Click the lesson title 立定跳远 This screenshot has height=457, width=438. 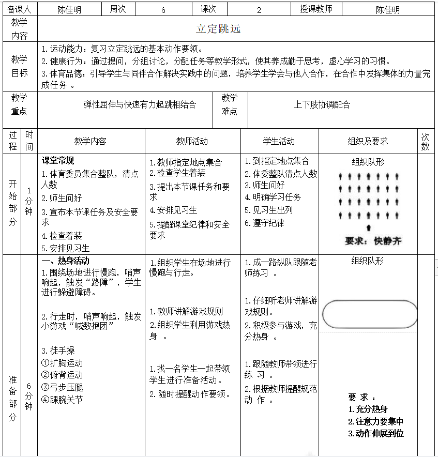[218, 29]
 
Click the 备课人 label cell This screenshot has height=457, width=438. [20, 9]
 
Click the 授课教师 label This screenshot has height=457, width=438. [315, 9]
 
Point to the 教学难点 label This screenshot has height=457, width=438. [230, 104]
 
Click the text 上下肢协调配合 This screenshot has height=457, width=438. [322, 104]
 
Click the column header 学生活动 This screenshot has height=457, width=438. [279, 141]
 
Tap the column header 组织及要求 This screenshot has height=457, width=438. [368, 141]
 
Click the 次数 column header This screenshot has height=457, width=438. [425, 141]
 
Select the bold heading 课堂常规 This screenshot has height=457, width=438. [58, 161]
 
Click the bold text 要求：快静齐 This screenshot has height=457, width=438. [373, 241]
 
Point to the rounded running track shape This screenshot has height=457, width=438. [369, 314]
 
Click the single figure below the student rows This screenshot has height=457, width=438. [368, 227]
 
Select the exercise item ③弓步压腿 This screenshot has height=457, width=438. [62, 387]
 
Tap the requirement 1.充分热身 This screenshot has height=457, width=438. [368, 409]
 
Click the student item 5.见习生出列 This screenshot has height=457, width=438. [269, 210]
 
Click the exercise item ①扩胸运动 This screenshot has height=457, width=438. [62, 363]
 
